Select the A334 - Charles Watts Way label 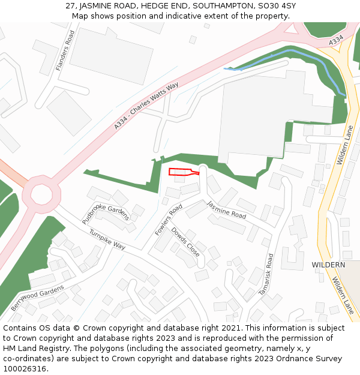tap(146, 106)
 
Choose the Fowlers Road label tap(168, 220)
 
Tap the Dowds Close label tap(185, 241)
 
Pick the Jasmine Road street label tap(227, 209)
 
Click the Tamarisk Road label tap(266, 274)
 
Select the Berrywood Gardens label tap(37, 298)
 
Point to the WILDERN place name tap(328, 265)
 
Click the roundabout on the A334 tap(41, 194)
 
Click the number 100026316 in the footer tap(25, 369)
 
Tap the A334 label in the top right tap(336, 40)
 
